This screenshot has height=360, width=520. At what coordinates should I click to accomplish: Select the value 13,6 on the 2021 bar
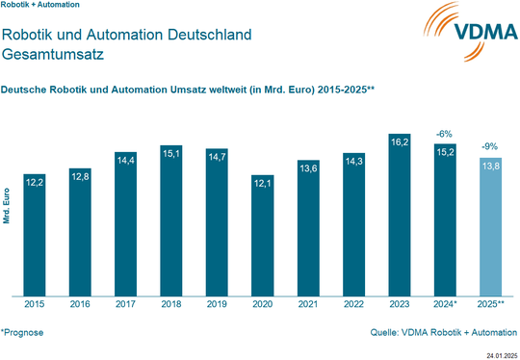309,167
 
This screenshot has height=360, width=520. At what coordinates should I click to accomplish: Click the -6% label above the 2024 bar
445,134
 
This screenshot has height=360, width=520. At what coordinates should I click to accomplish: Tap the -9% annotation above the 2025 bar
490,147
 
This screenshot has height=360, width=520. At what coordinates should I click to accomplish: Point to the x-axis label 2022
354,305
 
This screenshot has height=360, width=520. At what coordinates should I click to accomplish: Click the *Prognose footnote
22,332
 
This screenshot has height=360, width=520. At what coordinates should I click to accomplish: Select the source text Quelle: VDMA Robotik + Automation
444,333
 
